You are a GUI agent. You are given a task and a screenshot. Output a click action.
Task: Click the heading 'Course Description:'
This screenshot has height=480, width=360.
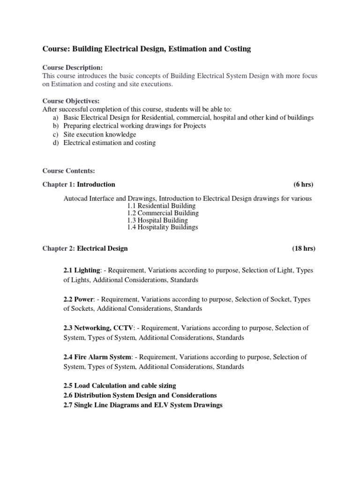pyautogui.click(x=72, y=68)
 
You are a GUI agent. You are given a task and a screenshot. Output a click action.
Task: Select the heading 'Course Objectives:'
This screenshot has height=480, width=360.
pyautogui.click(x=71, y=101)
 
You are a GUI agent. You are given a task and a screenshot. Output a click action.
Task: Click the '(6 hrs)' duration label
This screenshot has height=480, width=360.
pyautogui.click(x=305, y=184)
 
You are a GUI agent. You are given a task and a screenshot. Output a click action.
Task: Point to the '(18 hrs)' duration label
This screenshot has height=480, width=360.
pyautogui.click(x=304, y=248)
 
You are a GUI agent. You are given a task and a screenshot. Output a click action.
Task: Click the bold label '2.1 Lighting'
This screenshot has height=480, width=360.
pyautogui.click(x=82, y=270)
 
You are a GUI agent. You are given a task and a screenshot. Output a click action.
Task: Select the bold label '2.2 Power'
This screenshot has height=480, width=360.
pyautogui.click(x=77, y=299)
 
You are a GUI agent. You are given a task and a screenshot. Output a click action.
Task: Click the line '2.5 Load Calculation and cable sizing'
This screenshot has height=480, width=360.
pyautogui.click(x=120, y=386)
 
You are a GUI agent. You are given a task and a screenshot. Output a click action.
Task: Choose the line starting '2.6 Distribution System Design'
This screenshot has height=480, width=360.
pyautogui.click(x=140, y=395)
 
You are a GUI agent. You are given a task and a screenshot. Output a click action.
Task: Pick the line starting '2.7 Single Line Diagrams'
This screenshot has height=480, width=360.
pyautogui.click(x=142, y=405)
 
